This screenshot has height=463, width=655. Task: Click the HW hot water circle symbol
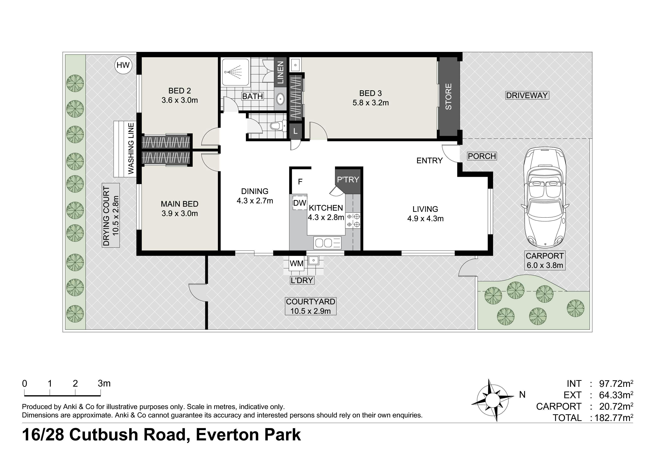(123, 65)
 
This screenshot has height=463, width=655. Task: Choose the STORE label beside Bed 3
(448, 96)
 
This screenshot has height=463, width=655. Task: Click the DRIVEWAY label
(527, 95)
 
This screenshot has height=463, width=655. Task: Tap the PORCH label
(482, 156)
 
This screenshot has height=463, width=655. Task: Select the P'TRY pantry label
(348, 179)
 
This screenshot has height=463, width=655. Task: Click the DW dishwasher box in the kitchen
(299, 203)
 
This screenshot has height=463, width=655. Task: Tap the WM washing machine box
(296, 263)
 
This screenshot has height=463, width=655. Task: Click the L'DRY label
(302, 280)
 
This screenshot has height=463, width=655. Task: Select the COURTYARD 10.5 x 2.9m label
(311, 306)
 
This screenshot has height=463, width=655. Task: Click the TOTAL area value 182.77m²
(614, 418)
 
